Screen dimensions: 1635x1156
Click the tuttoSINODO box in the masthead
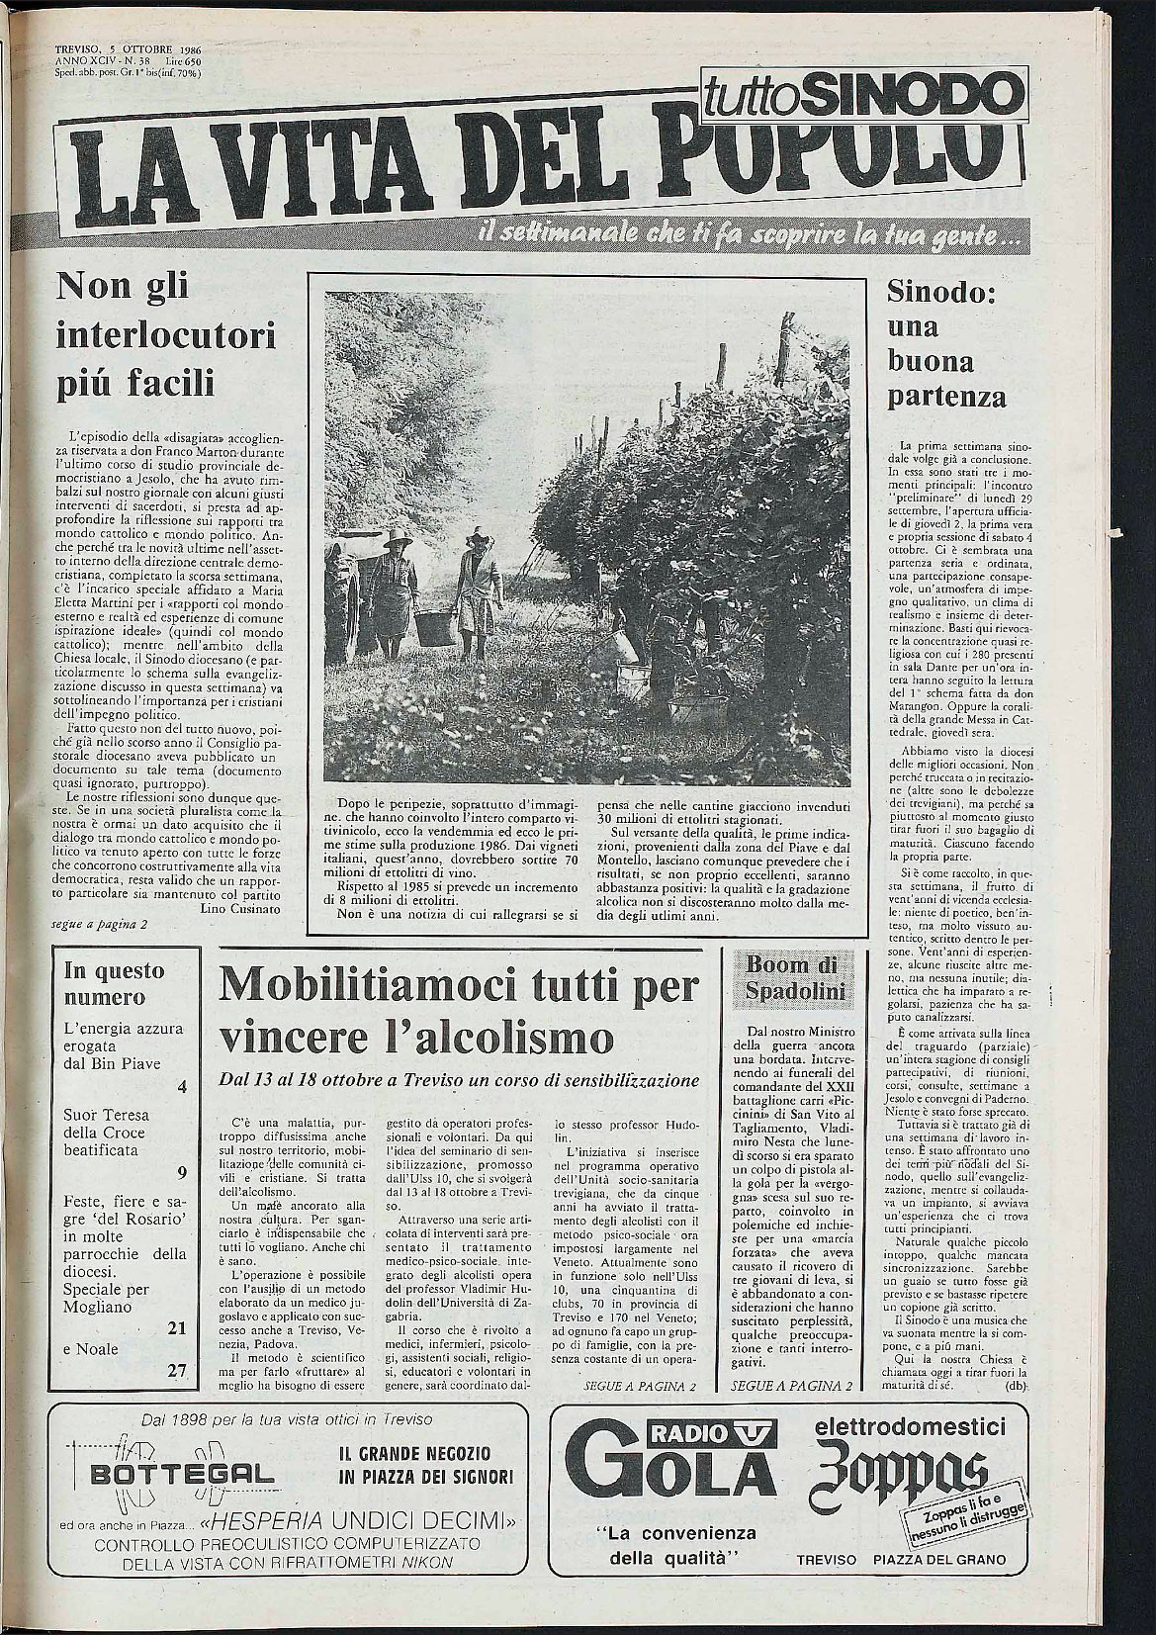(x=858, y=96)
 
